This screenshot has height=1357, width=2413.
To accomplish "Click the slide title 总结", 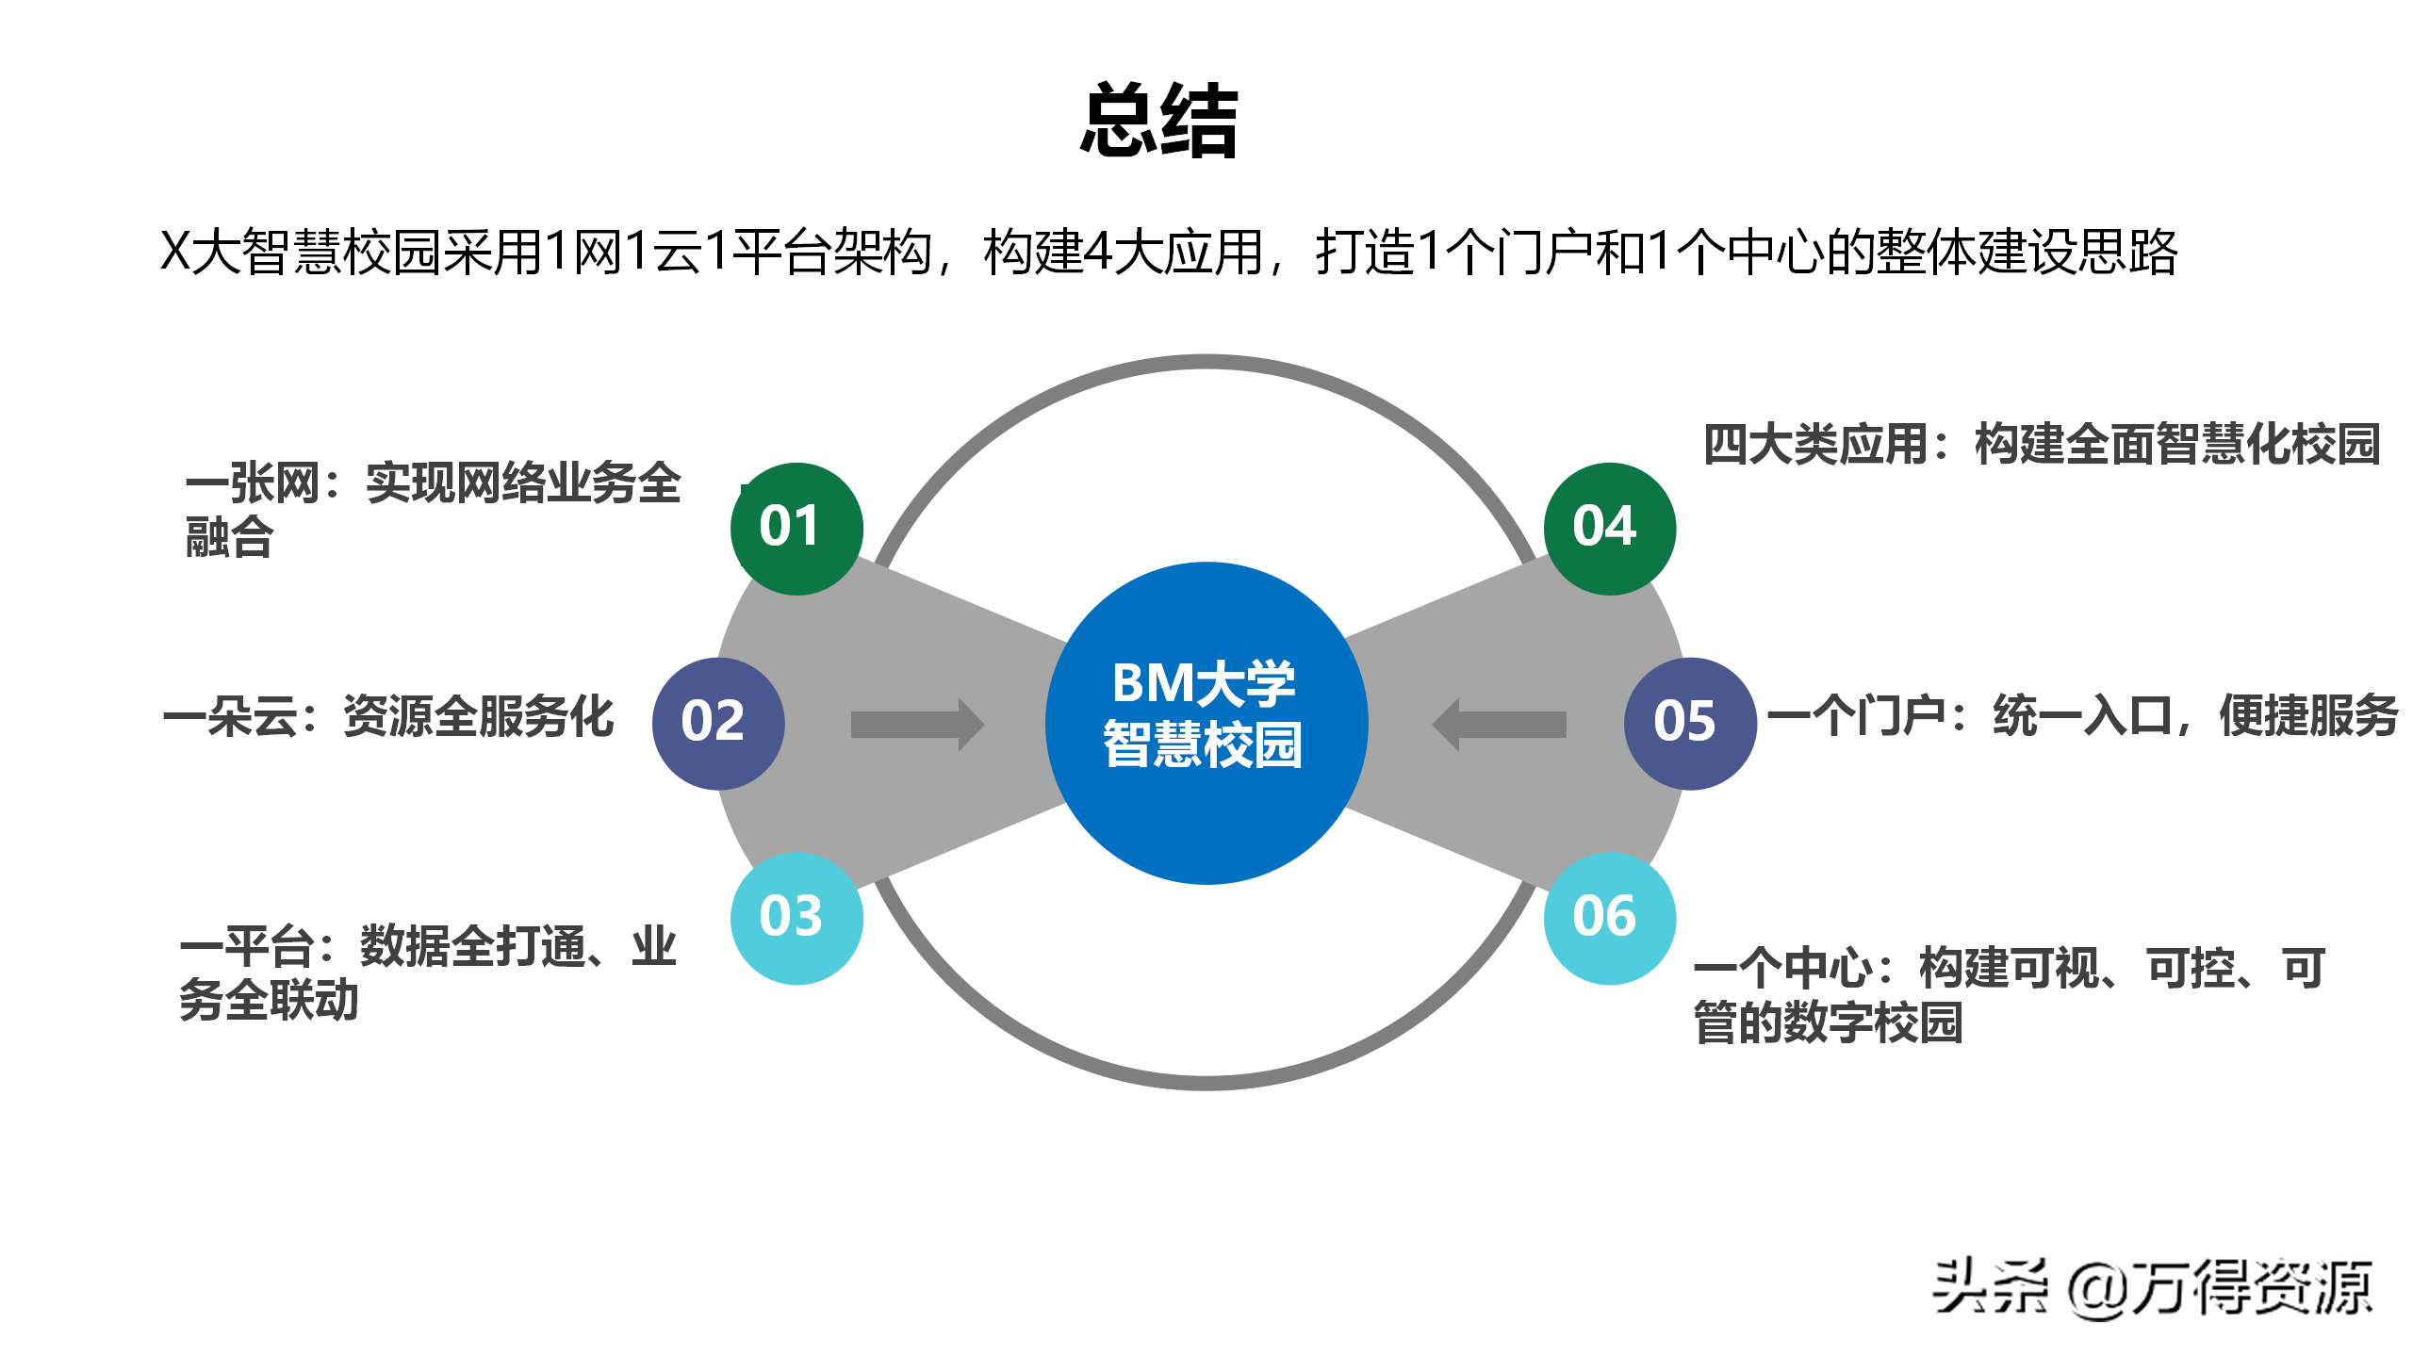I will (1158, 122).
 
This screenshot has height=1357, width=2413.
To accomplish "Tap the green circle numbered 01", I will (796, 529).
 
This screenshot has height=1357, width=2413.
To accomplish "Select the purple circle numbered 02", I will (718, 723).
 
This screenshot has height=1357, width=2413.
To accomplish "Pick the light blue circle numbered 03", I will (796, 918).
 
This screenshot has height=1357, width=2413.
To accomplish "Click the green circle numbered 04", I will (1609, 529).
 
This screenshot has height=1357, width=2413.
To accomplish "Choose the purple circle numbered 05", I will (1690, 723).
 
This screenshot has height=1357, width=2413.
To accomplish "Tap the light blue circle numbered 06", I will (1609, 918).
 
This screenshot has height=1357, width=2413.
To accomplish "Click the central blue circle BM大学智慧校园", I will (1206, 723).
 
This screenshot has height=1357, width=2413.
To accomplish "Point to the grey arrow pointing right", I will (916, 724).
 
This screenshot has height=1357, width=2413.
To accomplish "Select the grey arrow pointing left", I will (1499, 724).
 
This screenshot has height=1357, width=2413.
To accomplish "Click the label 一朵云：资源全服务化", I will (388, 717).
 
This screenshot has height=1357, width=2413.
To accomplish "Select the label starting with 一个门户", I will (2082, 716).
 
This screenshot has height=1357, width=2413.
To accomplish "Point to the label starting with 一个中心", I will (2009, 995).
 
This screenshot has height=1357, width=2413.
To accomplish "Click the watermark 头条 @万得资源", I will (2152, 1288).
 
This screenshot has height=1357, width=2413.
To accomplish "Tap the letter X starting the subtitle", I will (175, 253).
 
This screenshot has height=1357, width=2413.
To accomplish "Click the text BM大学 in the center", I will (1204, 683).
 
